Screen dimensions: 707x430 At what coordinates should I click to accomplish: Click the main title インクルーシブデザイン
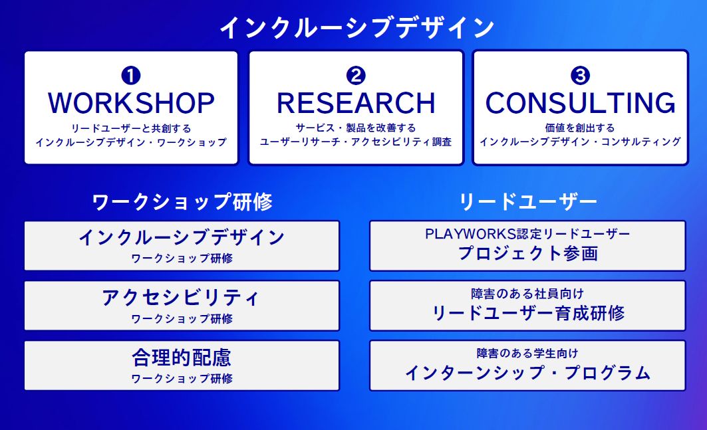(x=356, y=27)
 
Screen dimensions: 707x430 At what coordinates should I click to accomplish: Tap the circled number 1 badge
(x=131, y=75)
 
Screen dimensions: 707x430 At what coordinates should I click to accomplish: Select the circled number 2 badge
(x=356, y=75)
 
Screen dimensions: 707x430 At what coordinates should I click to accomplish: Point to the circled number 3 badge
(x=581, y=75)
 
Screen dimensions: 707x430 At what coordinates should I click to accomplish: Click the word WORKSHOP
(x=131, y=103)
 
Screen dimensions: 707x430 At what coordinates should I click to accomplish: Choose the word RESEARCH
(x=356, y=103)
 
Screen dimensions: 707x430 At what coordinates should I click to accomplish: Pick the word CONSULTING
(x=581, y=103)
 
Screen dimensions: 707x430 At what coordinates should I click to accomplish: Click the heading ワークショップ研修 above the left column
(x=182, y=201)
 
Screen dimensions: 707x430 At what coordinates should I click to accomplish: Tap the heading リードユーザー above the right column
(x=527, y=201)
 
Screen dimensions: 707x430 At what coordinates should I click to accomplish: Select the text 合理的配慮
(x=182, y=358)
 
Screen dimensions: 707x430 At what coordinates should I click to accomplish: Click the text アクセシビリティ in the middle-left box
(x=182, y=298)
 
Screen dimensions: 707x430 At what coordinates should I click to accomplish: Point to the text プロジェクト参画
(x=528, y=253)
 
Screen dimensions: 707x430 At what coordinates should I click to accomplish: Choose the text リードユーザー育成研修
(x=528, y=313)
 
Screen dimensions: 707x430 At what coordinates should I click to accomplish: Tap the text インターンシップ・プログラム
(x=528, y=373)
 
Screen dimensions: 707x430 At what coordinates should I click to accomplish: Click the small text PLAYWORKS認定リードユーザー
(x=527, y=233)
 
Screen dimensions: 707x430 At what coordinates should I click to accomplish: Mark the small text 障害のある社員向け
(x=527, y=294)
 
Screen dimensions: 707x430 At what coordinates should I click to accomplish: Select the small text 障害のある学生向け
(x=527, y=354)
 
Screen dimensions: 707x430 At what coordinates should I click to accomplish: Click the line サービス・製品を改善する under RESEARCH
(x=356, y=128)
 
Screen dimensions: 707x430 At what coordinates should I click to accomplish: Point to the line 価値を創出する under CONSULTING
(x=580, y=128)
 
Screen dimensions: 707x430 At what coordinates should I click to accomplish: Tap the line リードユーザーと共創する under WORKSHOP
(x=131, y=128)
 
